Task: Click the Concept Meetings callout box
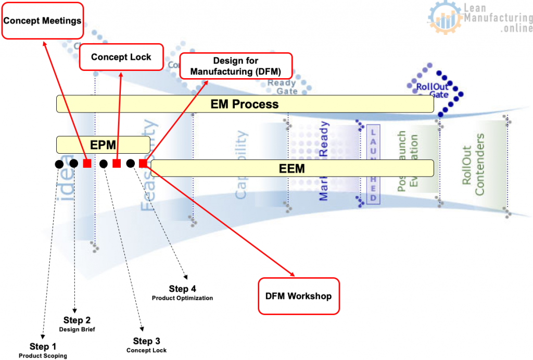click(x=43, y=21)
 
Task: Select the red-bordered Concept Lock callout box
click(x=121, y=57)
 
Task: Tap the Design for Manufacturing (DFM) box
click(x=236, y=66)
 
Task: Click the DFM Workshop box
click(x=299, y=296)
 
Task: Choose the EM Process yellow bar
click(x=245, y=104)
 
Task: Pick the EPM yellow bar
click(x=103, y=144)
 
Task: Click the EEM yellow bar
click(x=292, y=168)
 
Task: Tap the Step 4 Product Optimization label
click(x=182, y=293)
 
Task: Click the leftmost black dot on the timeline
click(x=59, y=164)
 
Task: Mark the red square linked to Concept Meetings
click(x=87, y=164)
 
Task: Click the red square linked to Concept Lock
click(x=117, y=164)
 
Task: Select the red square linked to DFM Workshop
click(x=143, y=164)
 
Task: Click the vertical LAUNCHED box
click(x=373, y=164)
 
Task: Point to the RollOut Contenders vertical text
click(x=473, y=164)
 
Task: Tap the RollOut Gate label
click(x=432, y=90)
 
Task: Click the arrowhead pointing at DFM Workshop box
click(x=292, y=275)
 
